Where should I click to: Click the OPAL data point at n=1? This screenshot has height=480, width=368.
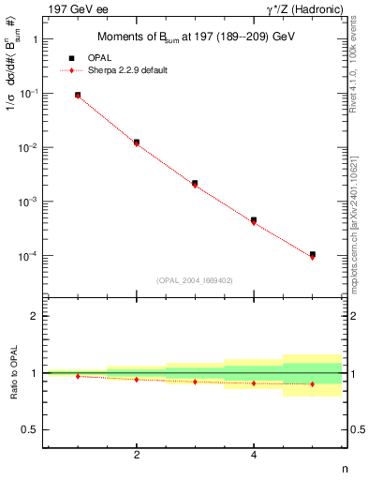tap(78, 95)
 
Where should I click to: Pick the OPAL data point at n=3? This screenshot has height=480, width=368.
tap(195, 183)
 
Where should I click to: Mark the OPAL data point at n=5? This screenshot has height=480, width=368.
tap(313, 254)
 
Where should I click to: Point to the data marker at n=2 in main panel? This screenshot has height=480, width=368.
tap(137, 142)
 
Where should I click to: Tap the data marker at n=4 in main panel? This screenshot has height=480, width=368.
tap(254, 220)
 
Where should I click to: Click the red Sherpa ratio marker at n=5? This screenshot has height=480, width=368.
tap(313, 384)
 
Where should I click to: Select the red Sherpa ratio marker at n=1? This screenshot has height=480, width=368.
tap(78, 376)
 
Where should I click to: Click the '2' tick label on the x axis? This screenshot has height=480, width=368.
tap(137, 456)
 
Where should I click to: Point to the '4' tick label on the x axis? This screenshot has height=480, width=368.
tap(254, 456)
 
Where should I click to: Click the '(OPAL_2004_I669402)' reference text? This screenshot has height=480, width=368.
tap(195, 279)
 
